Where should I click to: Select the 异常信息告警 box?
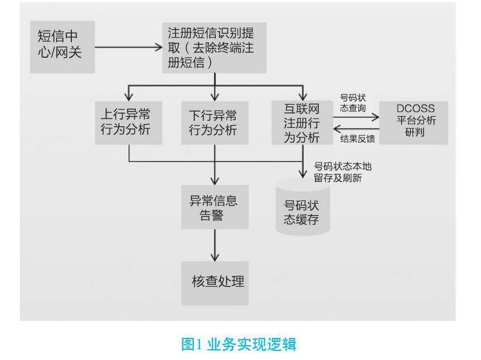tap(215, 207)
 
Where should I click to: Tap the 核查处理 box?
tap(215, 282)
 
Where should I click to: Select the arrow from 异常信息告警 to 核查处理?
tap(215, 245)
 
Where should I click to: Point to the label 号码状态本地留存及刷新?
tap(342, 172)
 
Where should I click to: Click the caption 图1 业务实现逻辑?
tap(239, 343)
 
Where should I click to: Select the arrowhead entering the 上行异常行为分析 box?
tap(129, 96)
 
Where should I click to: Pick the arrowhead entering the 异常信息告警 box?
tap(215, 181)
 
